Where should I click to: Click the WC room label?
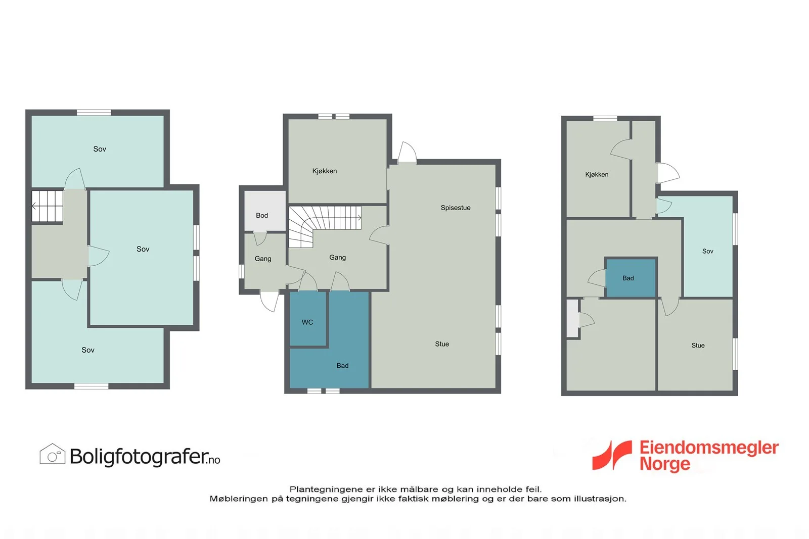click(x=307, y=322)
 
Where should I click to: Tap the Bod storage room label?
click(x=262, y=215)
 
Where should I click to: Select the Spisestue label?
click(x=456, y=208)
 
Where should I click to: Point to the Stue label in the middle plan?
click(x=442, y=344)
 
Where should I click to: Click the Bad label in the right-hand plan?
click(x=628, y=278)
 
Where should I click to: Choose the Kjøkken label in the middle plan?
click(x=324, y=171)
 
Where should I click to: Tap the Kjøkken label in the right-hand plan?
click(x=597, y=175)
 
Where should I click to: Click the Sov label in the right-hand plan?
click(x=707, y=251)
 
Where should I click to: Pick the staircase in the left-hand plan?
click(x=48, y=206)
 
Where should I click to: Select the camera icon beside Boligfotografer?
click(x=53, y=454)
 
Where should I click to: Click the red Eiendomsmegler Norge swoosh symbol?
click(x=612, y=455)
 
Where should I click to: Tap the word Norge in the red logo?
click(x=665, y=464)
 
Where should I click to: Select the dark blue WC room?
click(x=308, y=319)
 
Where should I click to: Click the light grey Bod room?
click(x=265, y=211)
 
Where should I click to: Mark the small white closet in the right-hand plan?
click(x=572, y=318)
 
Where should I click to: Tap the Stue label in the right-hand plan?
click(x=698, y=346)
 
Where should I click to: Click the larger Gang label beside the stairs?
click(x=338, y=258)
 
